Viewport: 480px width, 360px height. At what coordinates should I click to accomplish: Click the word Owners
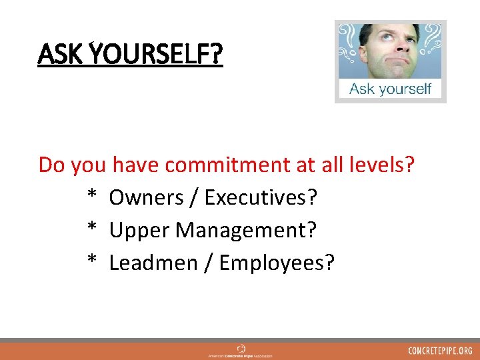tap(145, 197)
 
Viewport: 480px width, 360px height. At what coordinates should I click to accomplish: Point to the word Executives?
tap(261, 197)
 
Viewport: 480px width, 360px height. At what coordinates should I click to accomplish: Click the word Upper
tap(138, 230)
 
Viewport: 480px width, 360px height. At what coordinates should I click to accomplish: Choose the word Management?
tap(246, 230)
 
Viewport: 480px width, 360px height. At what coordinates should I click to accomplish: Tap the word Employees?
tap(277, 263)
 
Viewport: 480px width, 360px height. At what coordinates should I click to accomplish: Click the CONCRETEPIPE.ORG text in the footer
tap(441, 351)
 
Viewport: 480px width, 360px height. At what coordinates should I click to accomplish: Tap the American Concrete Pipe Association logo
tap(240, 351)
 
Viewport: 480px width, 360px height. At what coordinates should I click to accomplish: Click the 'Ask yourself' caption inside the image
tap(390, 89)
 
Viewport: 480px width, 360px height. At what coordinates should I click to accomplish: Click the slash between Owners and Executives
tap(193, 197)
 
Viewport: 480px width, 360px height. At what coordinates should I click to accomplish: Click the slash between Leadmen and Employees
tap(209, 263)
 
